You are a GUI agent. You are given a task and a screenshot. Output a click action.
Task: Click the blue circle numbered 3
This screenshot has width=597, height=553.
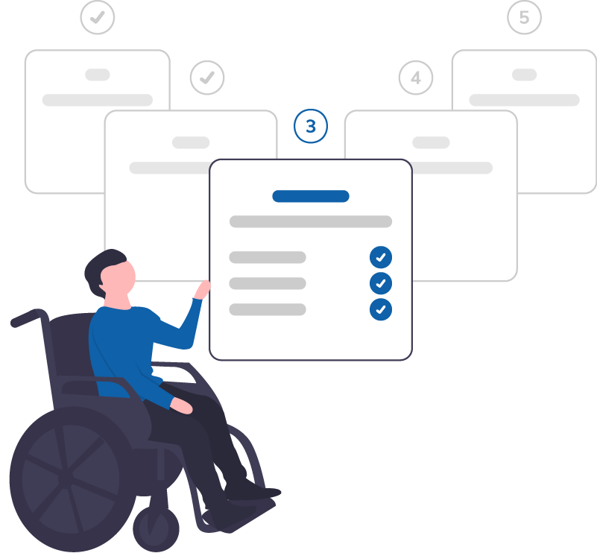coord(311,126)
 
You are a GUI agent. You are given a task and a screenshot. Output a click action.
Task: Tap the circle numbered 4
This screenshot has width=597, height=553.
coord(416,78)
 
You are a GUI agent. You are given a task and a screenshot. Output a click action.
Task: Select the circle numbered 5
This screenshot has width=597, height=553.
coord(524,17)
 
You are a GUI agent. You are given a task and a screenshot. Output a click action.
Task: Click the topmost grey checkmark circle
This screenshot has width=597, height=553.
coord(98,17)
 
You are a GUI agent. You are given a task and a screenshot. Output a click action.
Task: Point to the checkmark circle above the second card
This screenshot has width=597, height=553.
coord(207,78)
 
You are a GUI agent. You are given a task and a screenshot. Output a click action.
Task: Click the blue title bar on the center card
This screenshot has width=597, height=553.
coord(311,197)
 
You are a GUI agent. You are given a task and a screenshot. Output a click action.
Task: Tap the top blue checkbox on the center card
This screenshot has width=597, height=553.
coord(381,257)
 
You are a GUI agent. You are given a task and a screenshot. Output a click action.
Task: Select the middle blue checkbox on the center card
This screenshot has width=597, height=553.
coord(381,283)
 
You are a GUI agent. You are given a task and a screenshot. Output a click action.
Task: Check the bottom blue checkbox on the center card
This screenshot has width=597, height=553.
coord(381,309)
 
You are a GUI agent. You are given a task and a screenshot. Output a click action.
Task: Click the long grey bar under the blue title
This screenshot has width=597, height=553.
coord(311,222)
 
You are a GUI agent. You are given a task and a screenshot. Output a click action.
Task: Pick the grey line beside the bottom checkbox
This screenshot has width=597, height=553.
coord(268,309)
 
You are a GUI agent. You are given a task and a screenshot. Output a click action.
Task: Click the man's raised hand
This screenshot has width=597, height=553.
coord(202,289)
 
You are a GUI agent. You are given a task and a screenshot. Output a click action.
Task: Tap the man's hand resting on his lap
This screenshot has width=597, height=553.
coord(182,406)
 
